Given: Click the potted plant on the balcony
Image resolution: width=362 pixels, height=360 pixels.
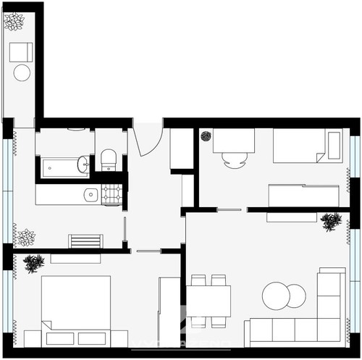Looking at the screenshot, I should click(14, 22).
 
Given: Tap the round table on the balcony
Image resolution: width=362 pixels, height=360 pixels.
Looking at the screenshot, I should click(22, 72).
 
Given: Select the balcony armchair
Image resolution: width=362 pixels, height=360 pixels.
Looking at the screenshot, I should click(21, 51).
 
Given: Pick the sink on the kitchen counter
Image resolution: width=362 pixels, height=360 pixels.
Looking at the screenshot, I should click(90, 194).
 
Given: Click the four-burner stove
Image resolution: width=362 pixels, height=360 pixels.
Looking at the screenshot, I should click(111, 194).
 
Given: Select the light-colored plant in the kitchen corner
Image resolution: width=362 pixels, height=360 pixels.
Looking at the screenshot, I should click(25, 237).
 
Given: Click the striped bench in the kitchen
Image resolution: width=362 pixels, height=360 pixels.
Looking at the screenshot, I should click(85, 241).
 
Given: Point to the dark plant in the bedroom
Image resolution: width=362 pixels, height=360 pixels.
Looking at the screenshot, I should click(34, 263).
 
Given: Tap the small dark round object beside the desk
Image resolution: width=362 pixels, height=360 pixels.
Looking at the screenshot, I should click(206, 135).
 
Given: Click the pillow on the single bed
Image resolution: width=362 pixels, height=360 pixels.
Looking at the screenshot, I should click(334, 145).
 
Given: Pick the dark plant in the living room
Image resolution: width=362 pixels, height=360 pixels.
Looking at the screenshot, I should click(331, 221).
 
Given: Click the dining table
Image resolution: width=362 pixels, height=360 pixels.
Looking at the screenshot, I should click(209, 300).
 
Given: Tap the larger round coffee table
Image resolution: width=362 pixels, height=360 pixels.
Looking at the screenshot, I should click(276, 296).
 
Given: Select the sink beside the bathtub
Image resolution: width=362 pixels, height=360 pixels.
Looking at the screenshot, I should click(83, 164).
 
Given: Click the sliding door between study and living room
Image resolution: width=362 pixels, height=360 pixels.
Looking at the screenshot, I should click(229, 210).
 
